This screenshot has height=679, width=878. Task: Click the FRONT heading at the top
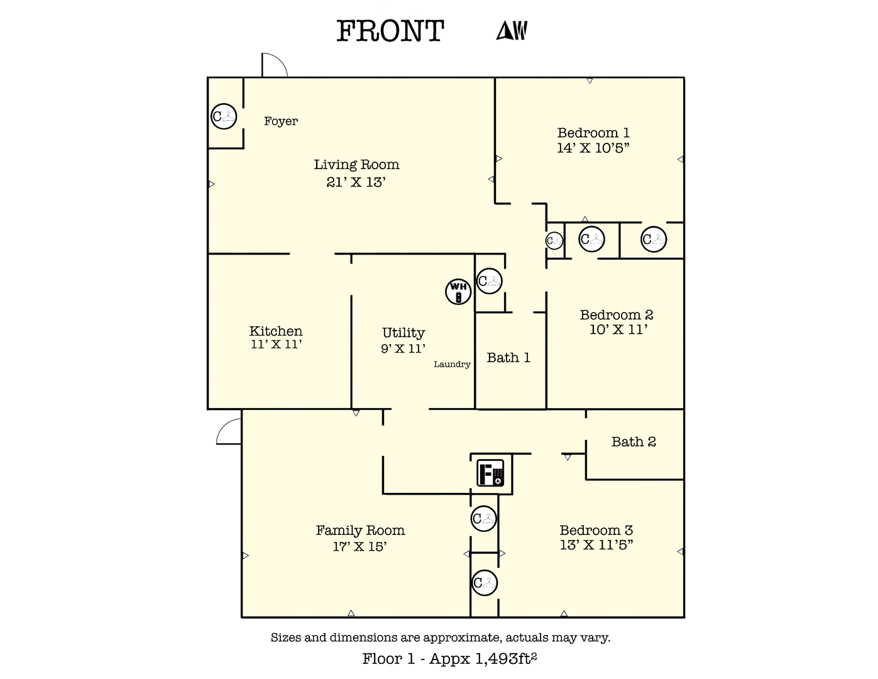coord(390,31)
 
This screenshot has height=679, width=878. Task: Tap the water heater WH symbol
coord(458,292)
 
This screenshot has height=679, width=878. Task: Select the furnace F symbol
coord(490,473)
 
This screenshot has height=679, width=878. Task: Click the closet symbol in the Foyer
coord(223,116)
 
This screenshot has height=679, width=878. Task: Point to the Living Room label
coord(356,165)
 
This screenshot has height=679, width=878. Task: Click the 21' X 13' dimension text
coord(356,182)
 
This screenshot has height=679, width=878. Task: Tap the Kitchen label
coord(276,331)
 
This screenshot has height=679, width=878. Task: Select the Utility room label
coord(403,333)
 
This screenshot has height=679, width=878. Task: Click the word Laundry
coord(452,364)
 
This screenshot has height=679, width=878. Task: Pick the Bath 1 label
coord(508,358)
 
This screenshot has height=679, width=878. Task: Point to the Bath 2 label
coord(634,442)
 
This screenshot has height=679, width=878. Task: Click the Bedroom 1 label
coord(593,133)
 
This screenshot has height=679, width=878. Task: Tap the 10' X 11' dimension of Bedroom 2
coord(618,329)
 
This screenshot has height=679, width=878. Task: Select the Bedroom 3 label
coord(596,530)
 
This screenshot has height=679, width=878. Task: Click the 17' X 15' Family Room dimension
coord(359,546)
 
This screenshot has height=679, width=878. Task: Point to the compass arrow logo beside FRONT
coord(512,30)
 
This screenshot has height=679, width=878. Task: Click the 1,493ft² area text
coord(506,658)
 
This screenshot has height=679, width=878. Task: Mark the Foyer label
coord(281,121)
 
